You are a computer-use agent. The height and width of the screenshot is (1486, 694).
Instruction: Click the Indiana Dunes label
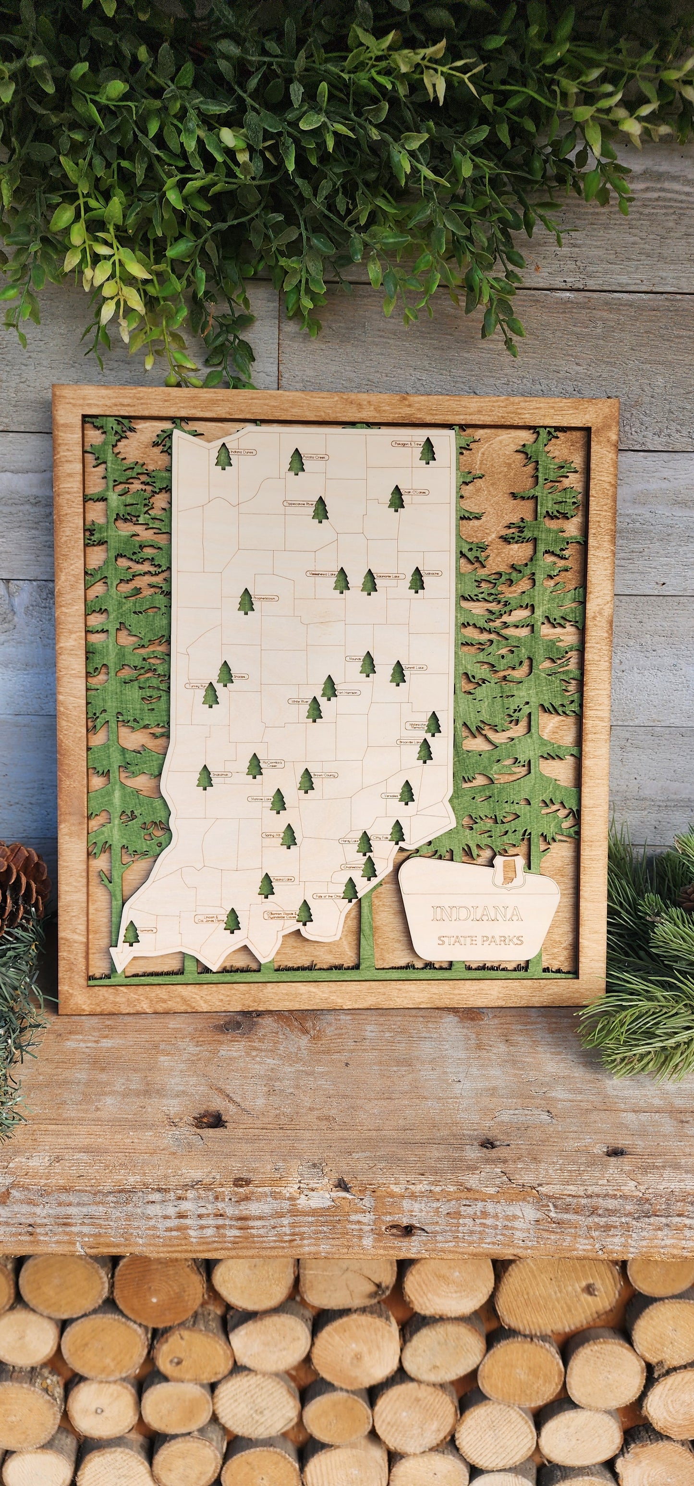tap(242, 452)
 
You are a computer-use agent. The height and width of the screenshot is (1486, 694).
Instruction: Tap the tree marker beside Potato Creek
tap(296, 462)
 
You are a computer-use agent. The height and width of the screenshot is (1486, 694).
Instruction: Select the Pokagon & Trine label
tap(407, 444)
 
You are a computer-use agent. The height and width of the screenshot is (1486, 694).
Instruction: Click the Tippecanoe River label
tap(299, 504)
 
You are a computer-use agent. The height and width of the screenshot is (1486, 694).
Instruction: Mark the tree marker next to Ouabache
tap(416, 580)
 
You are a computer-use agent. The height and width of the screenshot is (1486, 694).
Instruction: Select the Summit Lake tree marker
tap(398, 673)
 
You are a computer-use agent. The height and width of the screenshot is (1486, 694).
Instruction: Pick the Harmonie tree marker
tap(132, 933)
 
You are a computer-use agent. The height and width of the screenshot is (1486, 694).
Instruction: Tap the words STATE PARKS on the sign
tap(480, 940)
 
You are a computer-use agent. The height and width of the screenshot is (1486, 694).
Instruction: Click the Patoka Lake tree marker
tap(266, 886)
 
